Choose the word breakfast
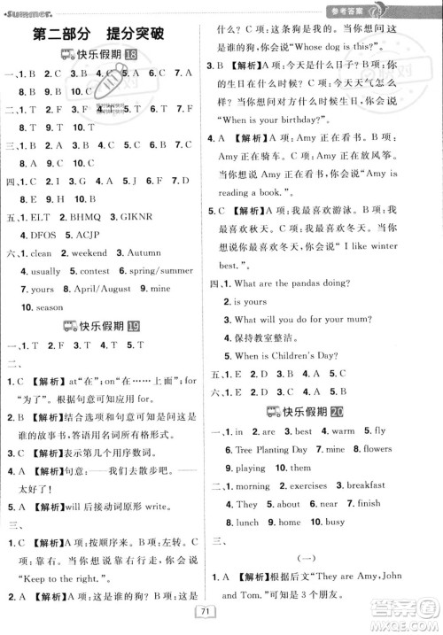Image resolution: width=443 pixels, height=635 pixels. (x=365, y=485)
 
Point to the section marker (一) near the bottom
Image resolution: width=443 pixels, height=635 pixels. (x=324, y=558)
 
